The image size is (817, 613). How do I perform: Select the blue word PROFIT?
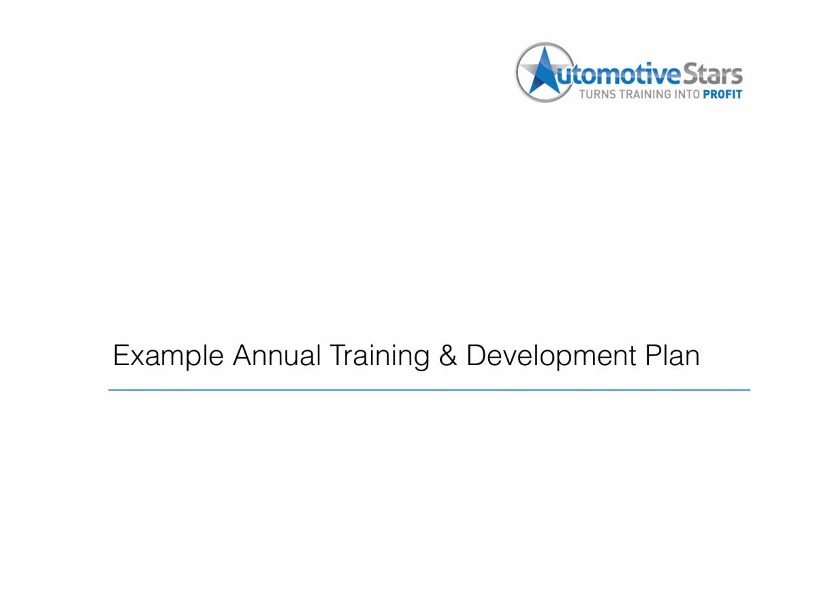722,94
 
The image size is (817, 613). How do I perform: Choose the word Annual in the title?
276,356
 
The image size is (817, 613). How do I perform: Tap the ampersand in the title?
448,356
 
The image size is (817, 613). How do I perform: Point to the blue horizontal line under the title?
429,390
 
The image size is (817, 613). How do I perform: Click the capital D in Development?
476,356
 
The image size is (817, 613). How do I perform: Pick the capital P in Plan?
651,356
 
